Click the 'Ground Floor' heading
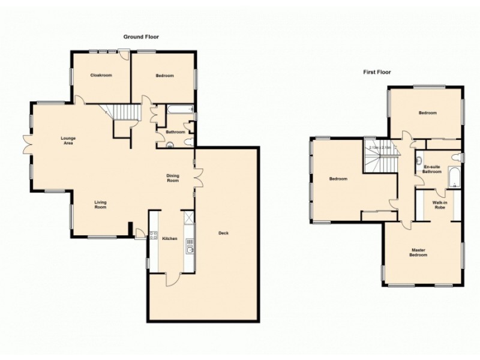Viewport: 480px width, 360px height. click(x=141, y=37)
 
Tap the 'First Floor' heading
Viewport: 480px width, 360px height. click(x=377, y=72)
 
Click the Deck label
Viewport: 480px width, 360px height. click(x=223, y=233)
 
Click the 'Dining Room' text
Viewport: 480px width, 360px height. click(x=173, y=178)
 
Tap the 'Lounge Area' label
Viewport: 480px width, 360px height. click(x=68, y=141)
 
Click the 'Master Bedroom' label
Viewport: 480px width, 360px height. click(x=419, y=253)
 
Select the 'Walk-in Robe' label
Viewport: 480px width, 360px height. click(x=439, y=205)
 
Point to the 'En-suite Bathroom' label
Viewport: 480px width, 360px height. click(x=432, y=169)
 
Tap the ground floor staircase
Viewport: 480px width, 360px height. click(x=126, y=112)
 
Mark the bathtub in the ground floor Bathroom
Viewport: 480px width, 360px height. click(x=179, y=110)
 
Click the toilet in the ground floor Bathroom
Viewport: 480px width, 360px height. click(x=188, y=142)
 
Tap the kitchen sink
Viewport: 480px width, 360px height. click(x=190, y=246)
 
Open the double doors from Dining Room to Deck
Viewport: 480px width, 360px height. click(x=197, y=177)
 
